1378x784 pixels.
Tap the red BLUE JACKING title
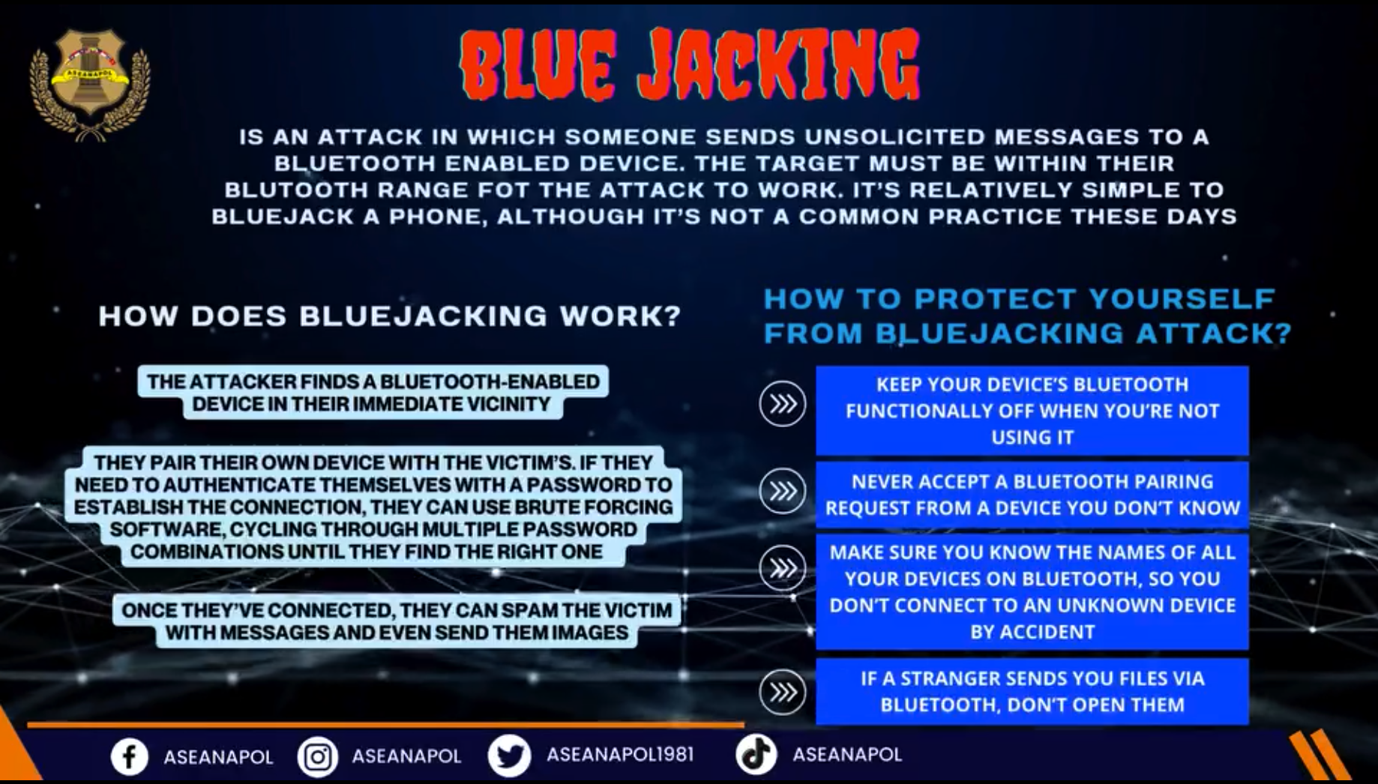(690, 66)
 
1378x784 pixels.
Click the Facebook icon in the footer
(130, 756)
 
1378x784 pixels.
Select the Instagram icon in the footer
(317, 757)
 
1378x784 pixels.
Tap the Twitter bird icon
(510, 756)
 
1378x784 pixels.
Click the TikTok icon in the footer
(755, 754)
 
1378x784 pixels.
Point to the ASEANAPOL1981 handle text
(620, 754)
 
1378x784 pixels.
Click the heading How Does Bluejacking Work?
(390, 316)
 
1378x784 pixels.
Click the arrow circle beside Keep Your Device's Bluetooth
(783, 404)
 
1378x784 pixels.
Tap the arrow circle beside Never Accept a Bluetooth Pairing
(783, 492)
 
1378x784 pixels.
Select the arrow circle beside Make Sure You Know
(783, 569)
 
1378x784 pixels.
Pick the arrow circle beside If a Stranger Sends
(783, 692)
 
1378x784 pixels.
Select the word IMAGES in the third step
(590, 633)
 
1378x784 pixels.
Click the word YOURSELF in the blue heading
(1182, 299)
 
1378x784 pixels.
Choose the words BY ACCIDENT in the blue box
(1032, 632)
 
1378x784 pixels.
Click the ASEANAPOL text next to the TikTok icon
(847, 754)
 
